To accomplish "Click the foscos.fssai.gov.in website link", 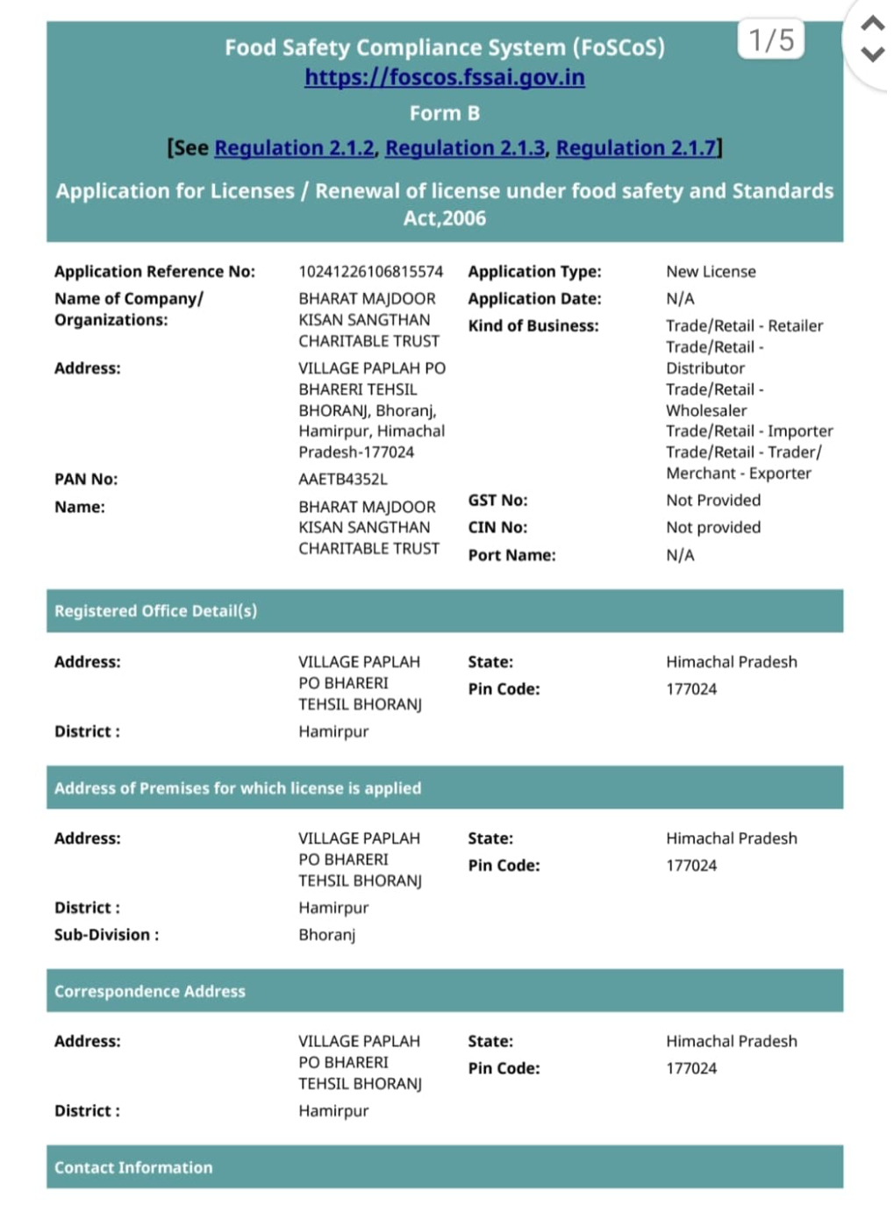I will click(x=444, y=77).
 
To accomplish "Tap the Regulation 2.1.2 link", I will click(x=294, y=147).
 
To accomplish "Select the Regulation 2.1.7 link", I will click(x=636, y=147).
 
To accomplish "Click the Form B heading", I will click(x=444, y=113).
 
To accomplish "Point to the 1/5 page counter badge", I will click(x=770, y=39).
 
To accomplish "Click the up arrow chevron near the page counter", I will click(x=872, y=23).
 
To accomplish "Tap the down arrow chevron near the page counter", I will click(x=872, y=54).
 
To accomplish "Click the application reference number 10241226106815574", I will click(x=370, y=272).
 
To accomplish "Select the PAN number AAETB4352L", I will click(x=342, y=480).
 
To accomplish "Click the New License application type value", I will click(x=711, y=272).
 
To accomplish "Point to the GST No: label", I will click(x=497, y=501).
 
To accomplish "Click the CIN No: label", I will click(x=497, y=528).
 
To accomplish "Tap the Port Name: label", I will click(x=511, y=555).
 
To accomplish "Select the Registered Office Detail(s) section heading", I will click(x=155, y=611).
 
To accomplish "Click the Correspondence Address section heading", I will click(x=149, y=992).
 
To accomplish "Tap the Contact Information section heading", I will click(x=133, y=1168).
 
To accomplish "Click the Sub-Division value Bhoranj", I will click(x=326, y=936).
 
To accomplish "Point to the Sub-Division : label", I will click(x=106, y=936).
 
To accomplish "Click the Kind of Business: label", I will click(x=533, y=326).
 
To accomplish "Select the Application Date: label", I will click(x=534, y=299).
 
